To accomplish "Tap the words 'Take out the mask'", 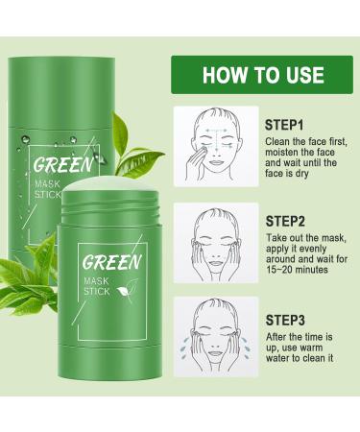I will click(x=302, y=240).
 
